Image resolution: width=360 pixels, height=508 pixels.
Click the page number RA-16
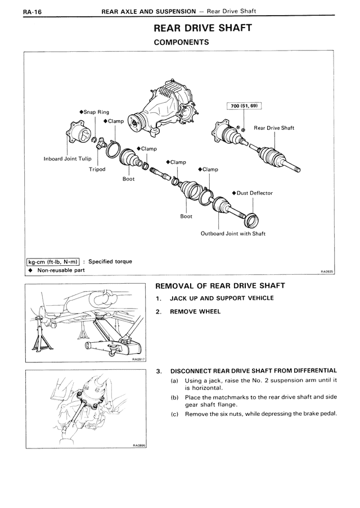coord(17,11)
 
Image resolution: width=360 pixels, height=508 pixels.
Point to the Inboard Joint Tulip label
coord(67,158)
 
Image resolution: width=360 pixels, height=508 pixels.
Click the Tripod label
coord(97,169)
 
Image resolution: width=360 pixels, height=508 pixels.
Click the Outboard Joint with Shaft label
coord(233,233)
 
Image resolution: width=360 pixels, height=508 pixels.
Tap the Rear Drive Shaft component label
coord(274,128)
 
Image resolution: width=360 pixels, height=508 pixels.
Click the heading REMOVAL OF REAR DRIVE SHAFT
coord(220,286)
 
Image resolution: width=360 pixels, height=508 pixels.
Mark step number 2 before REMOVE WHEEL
coord(159,311)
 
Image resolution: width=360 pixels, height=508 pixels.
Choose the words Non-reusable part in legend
coord(61,270)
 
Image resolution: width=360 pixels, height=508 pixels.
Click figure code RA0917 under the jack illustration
coord(138,359)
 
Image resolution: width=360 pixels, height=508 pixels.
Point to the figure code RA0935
coord(327,271)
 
